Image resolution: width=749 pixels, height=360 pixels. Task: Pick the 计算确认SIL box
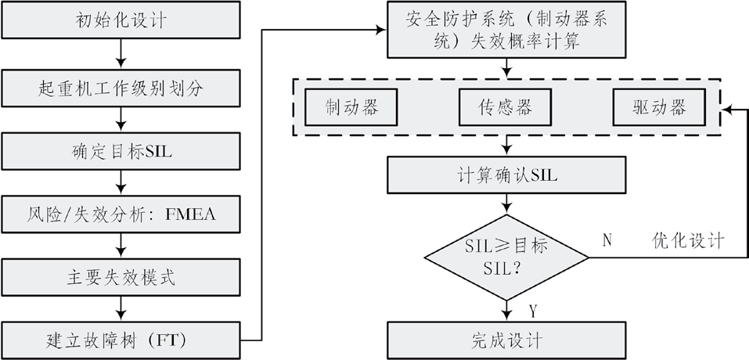pyautogui.click(x=506, y=175)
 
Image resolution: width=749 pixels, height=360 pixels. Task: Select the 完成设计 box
pyautogui.click(x=506, y=340)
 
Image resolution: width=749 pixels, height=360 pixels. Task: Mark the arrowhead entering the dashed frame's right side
pyautogui.click(x=726, y=110)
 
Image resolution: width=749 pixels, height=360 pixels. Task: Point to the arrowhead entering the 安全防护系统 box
pyautogui.click(x=384, y=30)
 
